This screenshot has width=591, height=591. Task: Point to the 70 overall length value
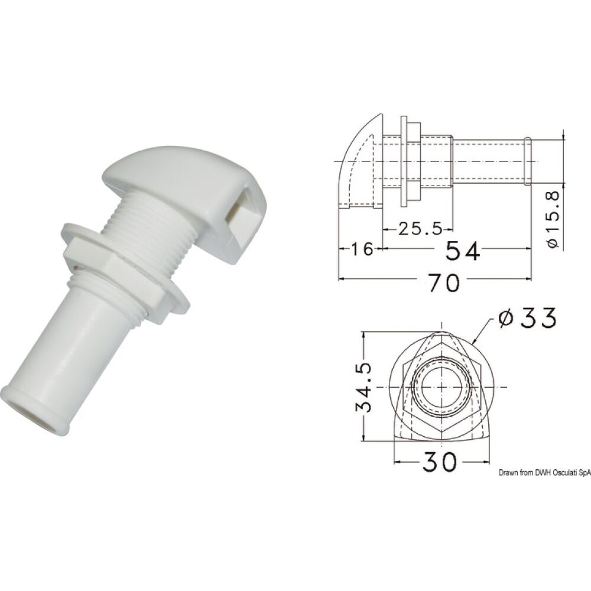tap(443, 283)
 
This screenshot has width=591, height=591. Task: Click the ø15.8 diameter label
tap(553, 218)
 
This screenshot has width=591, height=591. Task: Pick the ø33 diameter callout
tap(527, 319)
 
